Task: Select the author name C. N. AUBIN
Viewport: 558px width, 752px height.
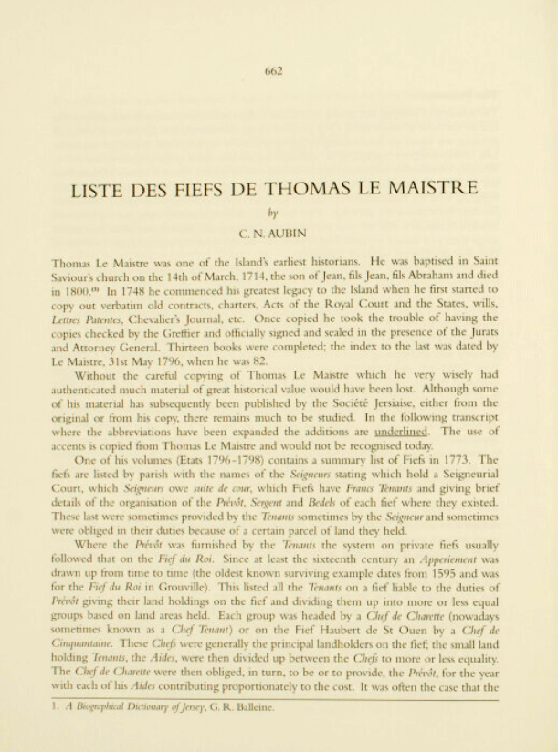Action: click(278, 234)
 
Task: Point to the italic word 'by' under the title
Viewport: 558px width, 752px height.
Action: click(278, 212)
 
